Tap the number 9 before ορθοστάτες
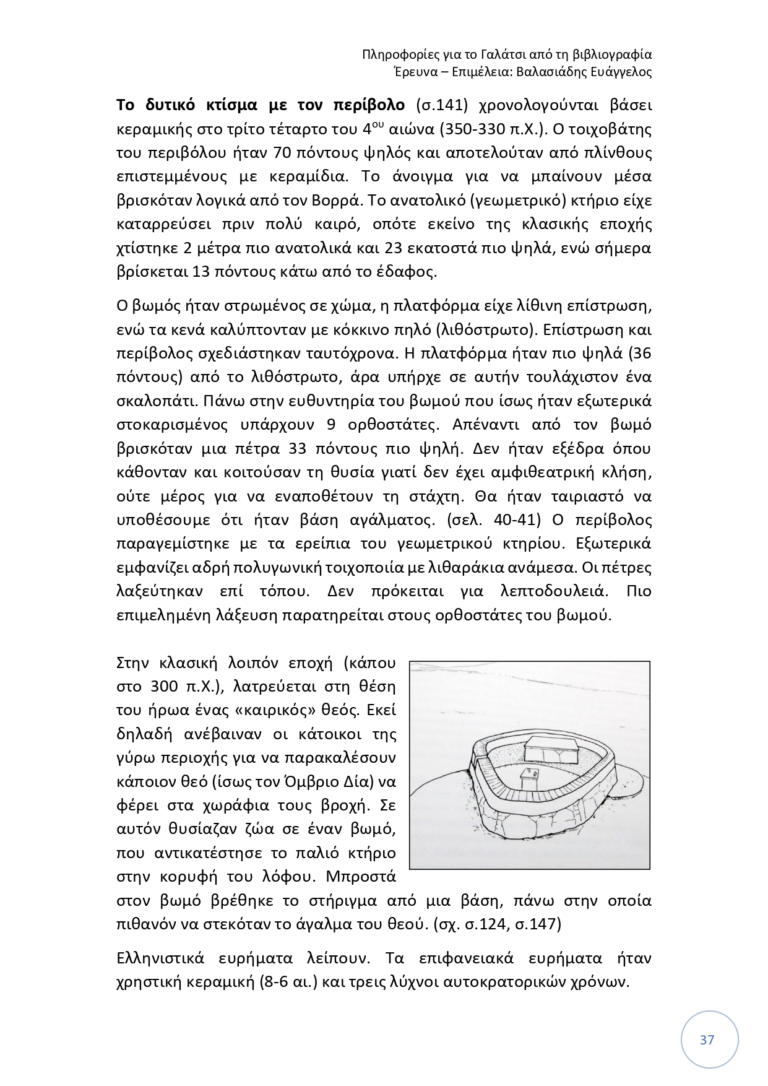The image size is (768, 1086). [x=327, y=424]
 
